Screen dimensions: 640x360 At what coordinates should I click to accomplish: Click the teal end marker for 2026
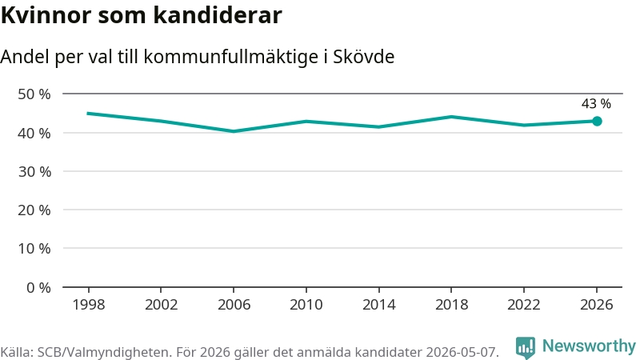tap(597, 122)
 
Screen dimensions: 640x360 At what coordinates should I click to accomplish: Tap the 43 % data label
tap(596, 104)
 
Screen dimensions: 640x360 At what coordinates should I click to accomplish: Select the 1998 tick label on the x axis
tap(89, 305)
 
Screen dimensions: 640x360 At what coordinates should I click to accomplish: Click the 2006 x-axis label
tap(234, 305)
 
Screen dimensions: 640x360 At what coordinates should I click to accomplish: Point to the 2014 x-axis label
tap(378, 305)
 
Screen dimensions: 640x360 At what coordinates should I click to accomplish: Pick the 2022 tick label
tap(524, 305)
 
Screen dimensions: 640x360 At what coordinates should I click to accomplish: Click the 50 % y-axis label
tap(34, 94)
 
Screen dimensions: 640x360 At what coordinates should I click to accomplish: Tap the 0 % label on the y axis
tap(38, 288)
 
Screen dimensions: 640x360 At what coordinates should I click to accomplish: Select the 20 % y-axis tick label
tap(34, 210)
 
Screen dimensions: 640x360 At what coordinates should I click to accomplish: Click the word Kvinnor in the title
tap(46, 15)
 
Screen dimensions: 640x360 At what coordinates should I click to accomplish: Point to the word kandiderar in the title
tap(218, 15)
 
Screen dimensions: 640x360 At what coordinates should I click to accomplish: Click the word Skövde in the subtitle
tap(364, 57)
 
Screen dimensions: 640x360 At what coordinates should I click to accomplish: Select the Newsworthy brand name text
tap(589, 346)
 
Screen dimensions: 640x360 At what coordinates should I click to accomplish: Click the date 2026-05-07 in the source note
tap(462, 352)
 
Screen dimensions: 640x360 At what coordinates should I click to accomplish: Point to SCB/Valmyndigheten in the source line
tap(103, 352)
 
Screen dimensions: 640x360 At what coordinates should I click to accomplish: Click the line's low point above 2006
tap(234, 131)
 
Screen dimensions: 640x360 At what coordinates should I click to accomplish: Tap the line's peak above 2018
tap(451, 117)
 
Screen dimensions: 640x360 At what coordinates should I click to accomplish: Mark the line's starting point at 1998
tap(89, 113)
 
